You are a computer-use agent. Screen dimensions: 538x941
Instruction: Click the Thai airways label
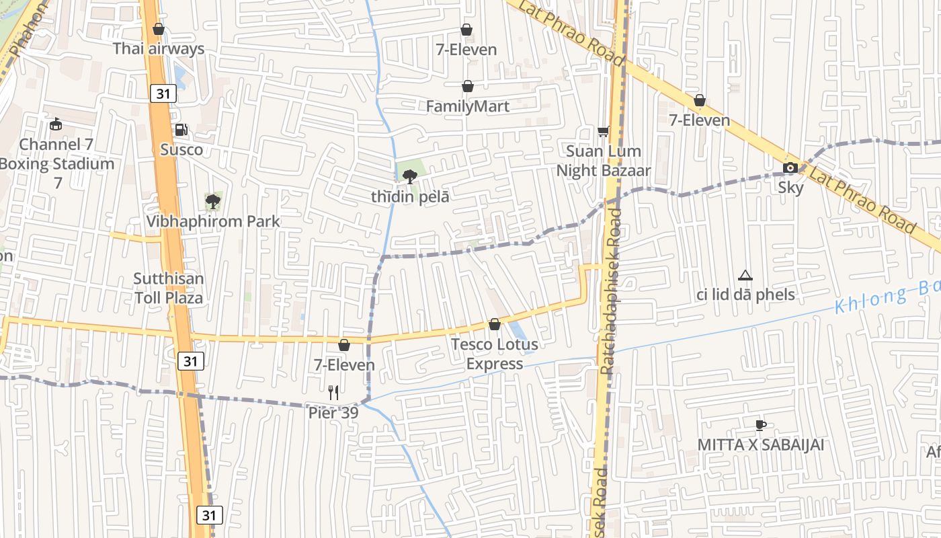pos(159,48)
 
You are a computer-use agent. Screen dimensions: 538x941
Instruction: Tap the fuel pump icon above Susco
pos(181,130)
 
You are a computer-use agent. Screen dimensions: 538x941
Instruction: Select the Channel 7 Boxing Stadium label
pos(57,163)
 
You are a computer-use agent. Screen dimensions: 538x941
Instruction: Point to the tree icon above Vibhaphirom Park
pos(213,200)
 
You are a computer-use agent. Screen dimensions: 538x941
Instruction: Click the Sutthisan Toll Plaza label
pos(168,288)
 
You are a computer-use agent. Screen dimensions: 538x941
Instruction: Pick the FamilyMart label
pos(468,106)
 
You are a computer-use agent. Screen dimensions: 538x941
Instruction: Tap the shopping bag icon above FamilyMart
pos(467,87)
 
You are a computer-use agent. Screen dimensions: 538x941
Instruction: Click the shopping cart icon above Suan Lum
pos(604,131)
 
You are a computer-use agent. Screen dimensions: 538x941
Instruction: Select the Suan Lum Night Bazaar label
pos(604,161)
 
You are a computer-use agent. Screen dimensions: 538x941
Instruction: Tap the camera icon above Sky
pos(790,168)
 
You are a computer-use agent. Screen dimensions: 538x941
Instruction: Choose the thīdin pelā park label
pos(410,197)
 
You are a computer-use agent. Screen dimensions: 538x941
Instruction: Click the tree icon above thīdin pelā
pos(409,177)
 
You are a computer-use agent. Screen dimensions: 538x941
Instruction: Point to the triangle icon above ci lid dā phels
pos(745,275)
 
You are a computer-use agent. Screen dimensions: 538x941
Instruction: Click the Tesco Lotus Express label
pos(495,354)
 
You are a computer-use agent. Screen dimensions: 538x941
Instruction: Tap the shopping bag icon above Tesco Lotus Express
pos(495,325)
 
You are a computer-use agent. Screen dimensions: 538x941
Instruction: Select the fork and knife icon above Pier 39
pos(333,392)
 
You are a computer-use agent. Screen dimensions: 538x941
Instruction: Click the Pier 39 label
pos(333,412)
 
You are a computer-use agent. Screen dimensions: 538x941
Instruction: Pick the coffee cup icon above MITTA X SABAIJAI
pos(760,425)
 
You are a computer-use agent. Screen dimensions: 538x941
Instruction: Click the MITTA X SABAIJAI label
pos(760,445)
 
